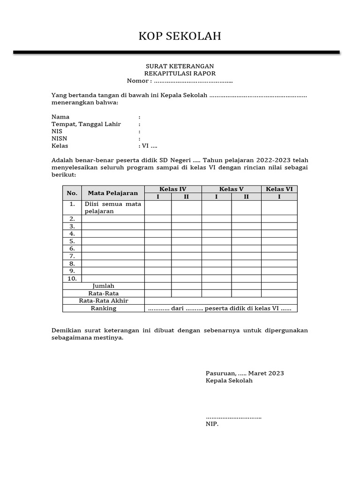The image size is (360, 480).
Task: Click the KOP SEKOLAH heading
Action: tap(180, 37)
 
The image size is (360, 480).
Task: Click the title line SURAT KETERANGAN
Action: tap(180, 66)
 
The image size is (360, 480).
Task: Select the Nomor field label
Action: tap(139, 81)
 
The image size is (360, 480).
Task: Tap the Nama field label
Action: tap(60, 117)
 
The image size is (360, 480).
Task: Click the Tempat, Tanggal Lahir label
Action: tap(86, 124)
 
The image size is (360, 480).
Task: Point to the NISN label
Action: tap(60, 139)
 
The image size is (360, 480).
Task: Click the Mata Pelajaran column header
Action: tap(113, 193)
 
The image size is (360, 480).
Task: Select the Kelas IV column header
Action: tap(173, 189)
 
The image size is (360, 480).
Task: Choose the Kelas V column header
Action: tap(231, 189)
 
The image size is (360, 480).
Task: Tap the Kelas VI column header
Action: tap(279, 189)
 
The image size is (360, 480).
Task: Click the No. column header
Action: tap(72, 193)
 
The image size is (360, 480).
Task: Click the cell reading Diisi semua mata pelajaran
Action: tap(112, 208)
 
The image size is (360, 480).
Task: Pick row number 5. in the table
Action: tap(72, 241)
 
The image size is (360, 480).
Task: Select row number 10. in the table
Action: tap(72, 278)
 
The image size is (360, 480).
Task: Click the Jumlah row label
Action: tap(104, 286)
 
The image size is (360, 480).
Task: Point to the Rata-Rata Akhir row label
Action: tap(104, 301)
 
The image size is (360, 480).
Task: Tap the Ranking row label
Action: tap(104, 308)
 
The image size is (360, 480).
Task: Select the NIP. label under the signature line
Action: tap(212, 424)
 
